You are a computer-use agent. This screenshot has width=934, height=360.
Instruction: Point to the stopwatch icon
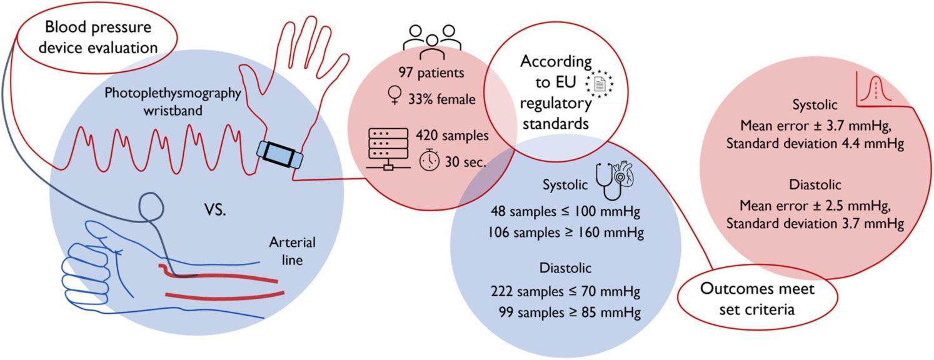click(429, 161)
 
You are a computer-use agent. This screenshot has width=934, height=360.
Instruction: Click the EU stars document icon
click(598, 82)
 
